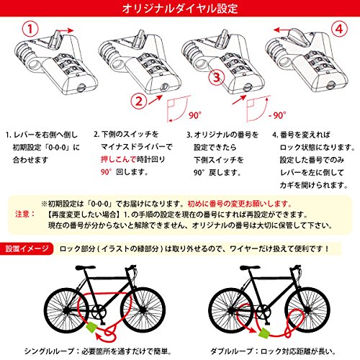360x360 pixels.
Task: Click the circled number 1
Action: click(x=30, y=29)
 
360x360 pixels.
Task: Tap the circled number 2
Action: click(x=139, y=101)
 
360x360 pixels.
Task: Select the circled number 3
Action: click(x=217, y=77)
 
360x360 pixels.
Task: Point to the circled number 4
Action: click(x=339, y=29)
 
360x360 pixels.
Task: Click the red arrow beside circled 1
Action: click(x=66, y=30)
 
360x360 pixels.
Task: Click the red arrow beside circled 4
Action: click(x=281, y=30)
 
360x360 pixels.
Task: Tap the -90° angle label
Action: click(x=277, y=115)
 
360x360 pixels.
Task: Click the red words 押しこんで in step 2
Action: click(x=118, y=159)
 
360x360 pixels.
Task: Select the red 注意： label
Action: click(x=25, y=214)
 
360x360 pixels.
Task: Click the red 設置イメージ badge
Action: click(x=27, y=248)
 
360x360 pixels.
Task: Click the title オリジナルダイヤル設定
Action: click(x=180, y=9)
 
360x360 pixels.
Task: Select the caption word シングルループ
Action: click(x=49, y=351)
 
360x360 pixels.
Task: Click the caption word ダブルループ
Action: click(x=232, y=351)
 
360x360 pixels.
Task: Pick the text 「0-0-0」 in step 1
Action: click(x=57, y=147)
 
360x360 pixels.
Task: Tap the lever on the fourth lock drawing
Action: click(x=300, y=35)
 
